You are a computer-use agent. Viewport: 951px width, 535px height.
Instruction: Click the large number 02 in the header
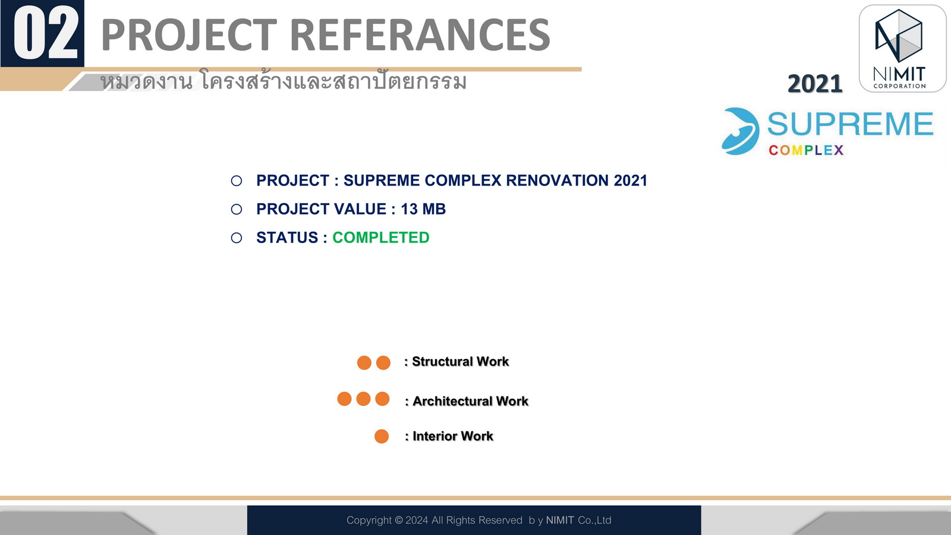pos(46,33)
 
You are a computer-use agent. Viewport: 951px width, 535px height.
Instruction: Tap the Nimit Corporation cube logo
pos(899,36)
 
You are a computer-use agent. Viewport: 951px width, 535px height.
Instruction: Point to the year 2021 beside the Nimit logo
pos(815,83)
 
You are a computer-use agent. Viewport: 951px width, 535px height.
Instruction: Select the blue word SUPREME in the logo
pos(850,124)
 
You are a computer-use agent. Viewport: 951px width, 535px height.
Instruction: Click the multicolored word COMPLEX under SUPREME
pos(806,150)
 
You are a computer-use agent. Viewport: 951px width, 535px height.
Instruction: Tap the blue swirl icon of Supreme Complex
pos(740,131)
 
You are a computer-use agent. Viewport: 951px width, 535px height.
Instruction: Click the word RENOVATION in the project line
pos(557,181)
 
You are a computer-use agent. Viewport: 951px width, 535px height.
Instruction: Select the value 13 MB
pos(423,209)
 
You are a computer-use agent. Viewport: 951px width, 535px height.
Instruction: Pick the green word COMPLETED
pos(381,237)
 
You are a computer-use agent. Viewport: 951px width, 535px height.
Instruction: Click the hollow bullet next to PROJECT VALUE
pos(237,209)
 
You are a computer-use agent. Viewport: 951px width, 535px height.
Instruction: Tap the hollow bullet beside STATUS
pos(237,238)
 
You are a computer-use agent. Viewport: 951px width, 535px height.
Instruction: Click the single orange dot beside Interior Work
pos(382,436)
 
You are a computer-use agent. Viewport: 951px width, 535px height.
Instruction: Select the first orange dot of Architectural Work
pos(344,399)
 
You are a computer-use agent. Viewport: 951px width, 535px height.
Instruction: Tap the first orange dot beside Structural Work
pos(364,363)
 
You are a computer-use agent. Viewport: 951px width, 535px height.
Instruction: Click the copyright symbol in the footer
pos(399,520)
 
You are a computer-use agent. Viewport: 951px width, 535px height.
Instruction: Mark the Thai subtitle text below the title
pos(283,81)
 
